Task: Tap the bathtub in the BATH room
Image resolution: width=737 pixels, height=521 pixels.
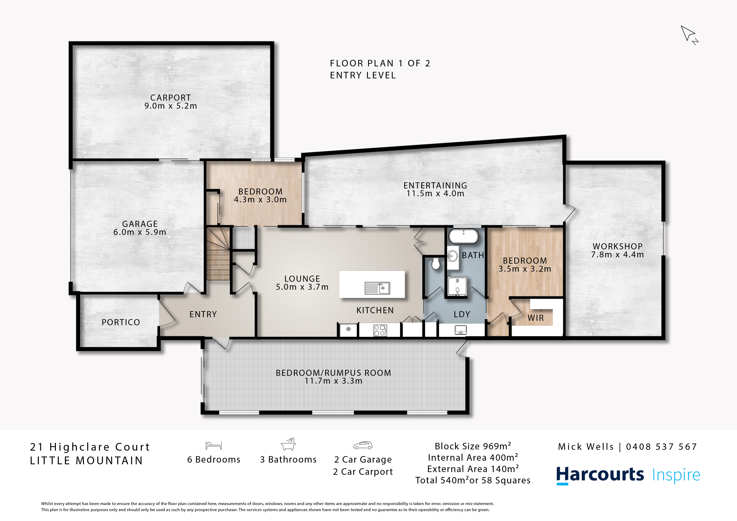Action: [463, 236]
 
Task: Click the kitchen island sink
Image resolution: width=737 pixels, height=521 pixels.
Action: [377, 288]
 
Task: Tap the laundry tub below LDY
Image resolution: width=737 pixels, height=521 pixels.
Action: [461, 330]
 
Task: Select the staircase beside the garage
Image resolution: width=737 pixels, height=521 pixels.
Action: [218, 254]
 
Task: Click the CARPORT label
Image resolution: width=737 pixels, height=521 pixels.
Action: [170, 98]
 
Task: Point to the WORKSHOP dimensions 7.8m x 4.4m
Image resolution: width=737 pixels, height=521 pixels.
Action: [617, 255]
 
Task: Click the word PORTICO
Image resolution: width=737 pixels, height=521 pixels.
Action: [121, 322]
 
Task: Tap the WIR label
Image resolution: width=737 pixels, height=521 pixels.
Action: [536, 318]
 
